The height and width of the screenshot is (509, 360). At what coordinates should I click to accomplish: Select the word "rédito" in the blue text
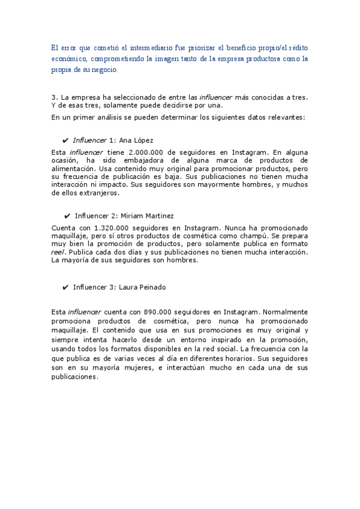[298, 47]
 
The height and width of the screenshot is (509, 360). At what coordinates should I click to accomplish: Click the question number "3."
[55, 97]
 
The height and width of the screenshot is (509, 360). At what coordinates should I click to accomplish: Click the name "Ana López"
[136, 140]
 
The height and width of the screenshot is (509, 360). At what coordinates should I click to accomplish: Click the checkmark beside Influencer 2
[67, 215]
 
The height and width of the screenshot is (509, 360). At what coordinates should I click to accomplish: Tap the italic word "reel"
[58, 253]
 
